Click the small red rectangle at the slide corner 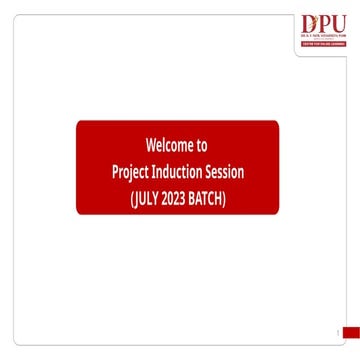tap(350, 332)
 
